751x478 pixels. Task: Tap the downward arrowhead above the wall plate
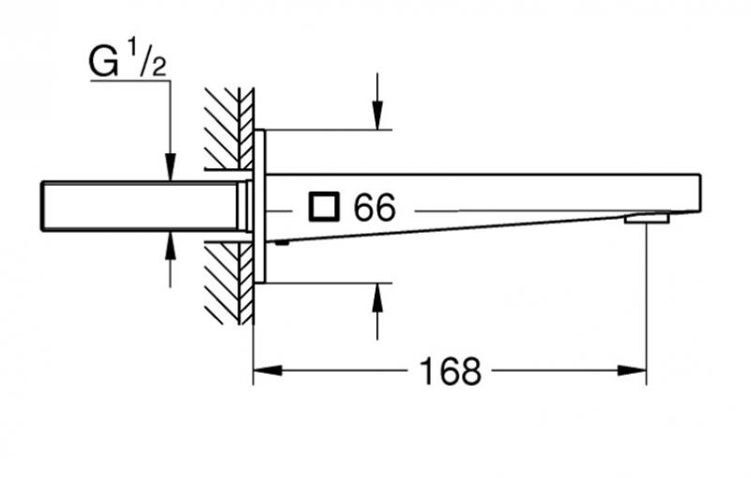(376, 117)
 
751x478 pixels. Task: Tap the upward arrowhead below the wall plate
(376, 295)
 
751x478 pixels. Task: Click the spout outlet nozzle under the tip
(647, 219)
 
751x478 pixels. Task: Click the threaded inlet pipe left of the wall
(141, 206)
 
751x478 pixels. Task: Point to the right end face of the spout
(699, 192)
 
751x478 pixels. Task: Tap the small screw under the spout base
(280, 240)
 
